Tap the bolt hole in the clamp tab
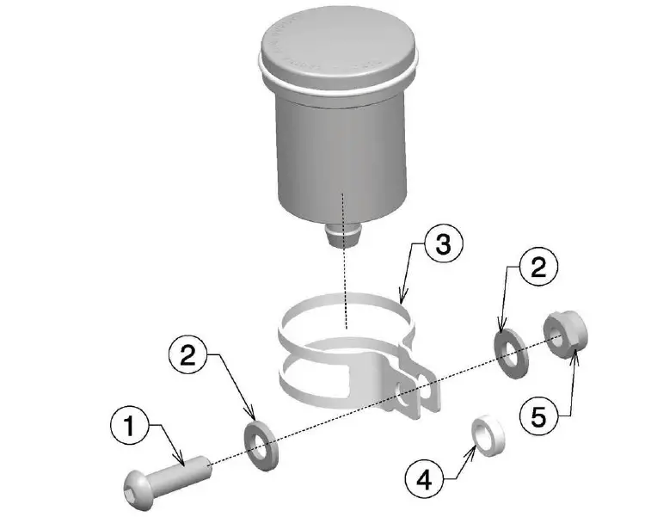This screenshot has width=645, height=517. [x=402, y=397]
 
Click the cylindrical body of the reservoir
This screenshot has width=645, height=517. [x=340, y=155]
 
